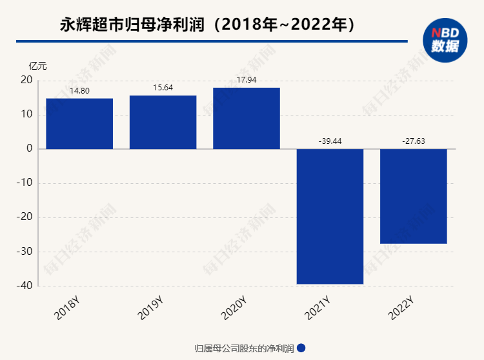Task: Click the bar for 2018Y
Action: [79, 123]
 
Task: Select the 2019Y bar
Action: [163, 122]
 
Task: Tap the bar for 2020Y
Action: [247, 118]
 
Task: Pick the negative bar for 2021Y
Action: [330, 216]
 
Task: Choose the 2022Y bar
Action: [413, 196]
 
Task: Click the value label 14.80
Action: [79, 91]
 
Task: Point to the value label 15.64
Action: [163, 88]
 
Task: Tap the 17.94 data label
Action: [247, 80]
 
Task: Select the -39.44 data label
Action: [330, 141]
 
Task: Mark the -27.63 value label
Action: [413, 141]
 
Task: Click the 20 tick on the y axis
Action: [26, 81]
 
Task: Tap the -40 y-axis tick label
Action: [25, 286]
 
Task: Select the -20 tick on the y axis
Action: [25, 217]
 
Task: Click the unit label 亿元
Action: [37, 66]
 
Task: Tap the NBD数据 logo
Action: [445, 39]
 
